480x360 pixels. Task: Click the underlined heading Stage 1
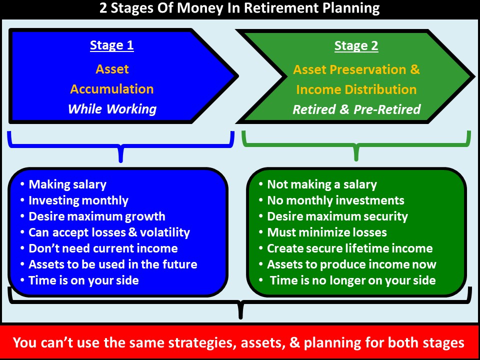(x=111, y=45)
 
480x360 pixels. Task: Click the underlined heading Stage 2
(x=356, y=45)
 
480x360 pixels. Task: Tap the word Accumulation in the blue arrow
(x=112, y=89)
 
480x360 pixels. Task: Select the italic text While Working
(x=112, y=109)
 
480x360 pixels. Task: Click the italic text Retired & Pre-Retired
(x=356, y=109)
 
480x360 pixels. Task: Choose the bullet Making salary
(x=67, y=184)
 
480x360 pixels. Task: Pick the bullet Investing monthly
(x=78, y=200)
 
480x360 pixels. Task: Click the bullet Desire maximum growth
(x=96, y=216)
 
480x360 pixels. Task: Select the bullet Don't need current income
(x=103, y=248)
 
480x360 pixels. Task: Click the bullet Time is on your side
(x=83, y=280)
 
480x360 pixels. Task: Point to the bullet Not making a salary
(x=322, y=184)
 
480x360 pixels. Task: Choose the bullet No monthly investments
(x=336, y=200)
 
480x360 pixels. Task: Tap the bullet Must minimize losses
(x=327, y=232)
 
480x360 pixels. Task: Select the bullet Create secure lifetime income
(x=350, y=248)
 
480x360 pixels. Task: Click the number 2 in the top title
(x=103, y=8)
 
